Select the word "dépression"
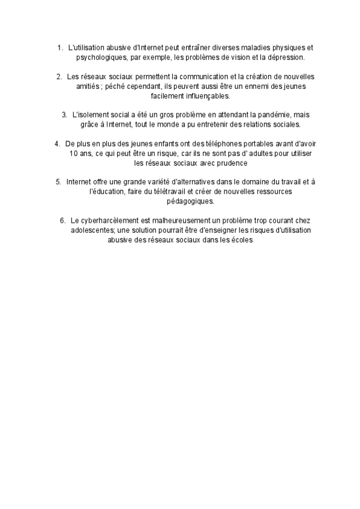(x=286, y=58)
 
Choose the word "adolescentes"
(x=88, y=230)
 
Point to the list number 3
(x=64, y=114)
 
